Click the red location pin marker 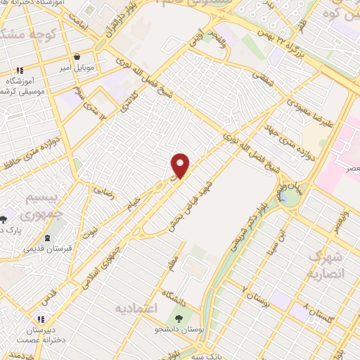coord(181,166)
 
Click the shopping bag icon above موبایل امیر coord(77,58)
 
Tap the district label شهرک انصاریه coord(326,264)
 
